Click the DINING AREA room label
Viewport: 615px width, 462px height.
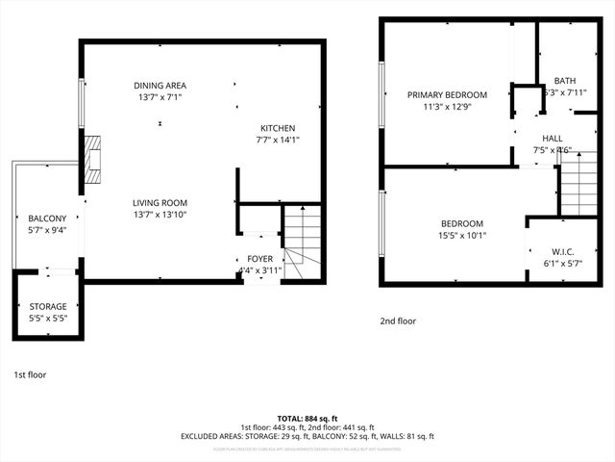(160, 86)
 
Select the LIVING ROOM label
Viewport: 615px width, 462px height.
(160, 202)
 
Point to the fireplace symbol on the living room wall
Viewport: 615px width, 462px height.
(92, 160)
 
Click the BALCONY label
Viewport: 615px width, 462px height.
(47, 218)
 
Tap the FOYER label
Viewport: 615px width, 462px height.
(260, 259)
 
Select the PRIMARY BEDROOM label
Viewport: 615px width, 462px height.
(447, 94)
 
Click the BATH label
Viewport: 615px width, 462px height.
(564, 81)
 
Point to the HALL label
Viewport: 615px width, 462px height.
(552, 139)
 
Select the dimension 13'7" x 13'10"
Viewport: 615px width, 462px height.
(160, 215)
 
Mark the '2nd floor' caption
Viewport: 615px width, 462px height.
(398, 321)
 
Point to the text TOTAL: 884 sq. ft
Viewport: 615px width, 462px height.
(307, 418)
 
